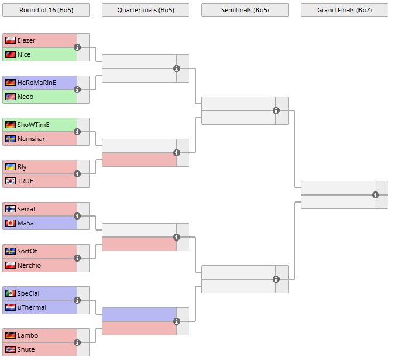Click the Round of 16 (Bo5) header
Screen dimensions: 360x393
(46, 10)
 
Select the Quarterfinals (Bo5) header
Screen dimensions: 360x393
(146, 10)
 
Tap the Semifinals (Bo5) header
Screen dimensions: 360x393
(245, 10)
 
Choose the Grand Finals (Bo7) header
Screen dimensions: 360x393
(344, 10)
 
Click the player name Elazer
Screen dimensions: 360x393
(26, 40)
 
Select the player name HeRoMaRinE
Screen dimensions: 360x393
(37, 83)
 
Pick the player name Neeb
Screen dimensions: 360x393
(25, 97)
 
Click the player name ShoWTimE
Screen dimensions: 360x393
(33, 125)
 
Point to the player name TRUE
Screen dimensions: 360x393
(26, 181)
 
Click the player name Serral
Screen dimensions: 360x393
(26, 209)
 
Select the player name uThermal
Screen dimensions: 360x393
(32, 307)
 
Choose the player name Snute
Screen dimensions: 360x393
(26, 349)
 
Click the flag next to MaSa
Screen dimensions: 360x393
(11, 223)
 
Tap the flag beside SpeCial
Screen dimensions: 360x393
(11, 293)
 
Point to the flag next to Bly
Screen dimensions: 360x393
(11, 167)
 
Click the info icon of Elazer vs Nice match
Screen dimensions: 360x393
(77, 47)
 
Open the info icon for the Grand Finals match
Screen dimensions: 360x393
(375, 195)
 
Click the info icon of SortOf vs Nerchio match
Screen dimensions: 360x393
(77, 258)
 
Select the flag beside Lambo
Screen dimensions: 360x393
(11, 335)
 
